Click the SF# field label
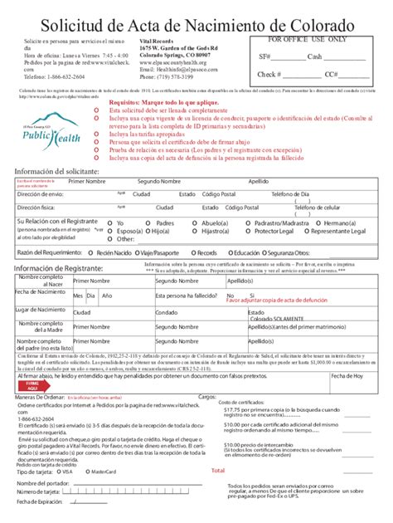[x=264, y=57]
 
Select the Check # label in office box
[x=269, y=74]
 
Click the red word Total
[x=217, y=470]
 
